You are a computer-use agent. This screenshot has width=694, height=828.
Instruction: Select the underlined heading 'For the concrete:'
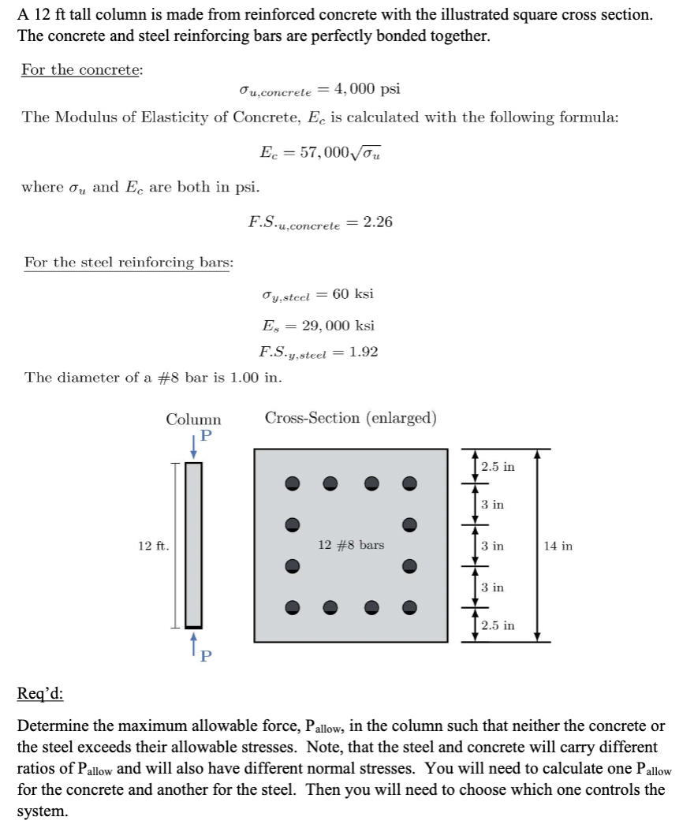point(82,69)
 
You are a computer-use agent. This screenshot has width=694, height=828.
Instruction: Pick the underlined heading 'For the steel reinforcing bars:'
point(129,262)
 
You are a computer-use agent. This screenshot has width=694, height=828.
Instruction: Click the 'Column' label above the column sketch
point(193,420)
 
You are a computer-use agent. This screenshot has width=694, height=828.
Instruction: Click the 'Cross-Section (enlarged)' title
point(351,418)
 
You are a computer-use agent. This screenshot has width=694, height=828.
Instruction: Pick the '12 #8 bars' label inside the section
point(351,545)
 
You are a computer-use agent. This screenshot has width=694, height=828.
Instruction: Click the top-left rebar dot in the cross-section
point(292,483)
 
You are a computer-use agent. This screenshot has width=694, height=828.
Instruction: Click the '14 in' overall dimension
point(558,546)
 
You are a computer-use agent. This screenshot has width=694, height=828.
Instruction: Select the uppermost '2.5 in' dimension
point(498,467)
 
